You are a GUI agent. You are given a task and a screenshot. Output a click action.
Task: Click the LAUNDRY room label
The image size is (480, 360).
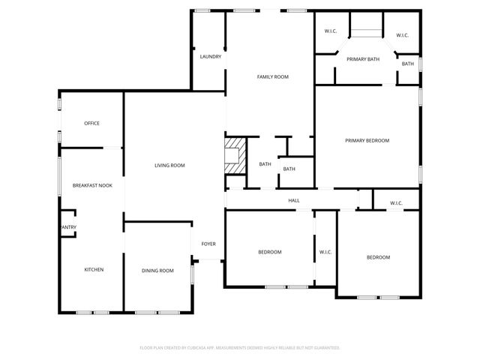[210, 56]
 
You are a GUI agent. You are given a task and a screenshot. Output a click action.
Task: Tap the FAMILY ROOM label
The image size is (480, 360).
[273, 76]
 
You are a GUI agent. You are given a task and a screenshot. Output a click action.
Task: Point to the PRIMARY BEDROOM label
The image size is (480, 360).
[367, 140]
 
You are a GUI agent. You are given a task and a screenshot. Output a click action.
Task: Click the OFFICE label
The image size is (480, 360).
[92, 123]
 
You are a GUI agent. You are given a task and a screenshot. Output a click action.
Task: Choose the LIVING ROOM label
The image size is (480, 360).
[169, 165]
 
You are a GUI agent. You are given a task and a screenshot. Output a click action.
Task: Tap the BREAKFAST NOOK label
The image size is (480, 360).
[92, 184]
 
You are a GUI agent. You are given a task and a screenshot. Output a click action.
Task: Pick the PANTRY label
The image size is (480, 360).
[67, 227]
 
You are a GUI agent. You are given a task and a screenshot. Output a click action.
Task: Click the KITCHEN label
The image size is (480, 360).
[94, 269]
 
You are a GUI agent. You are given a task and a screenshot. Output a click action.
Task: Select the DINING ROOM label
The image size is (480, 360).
[157, 270]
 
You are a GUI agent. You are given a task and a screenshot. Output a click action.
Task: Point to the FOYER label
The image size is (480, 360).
[208, 244]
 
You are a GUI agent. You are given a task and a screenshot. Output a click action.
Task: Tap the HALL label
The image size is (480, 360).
[294, 200]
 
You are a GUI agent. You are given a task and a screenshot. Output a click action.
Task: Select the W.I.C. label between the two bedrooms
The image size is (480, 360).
[325, 252]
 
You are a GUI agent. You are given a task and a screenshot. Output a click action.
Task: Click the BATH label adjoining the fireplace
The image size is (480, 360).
[265, 164]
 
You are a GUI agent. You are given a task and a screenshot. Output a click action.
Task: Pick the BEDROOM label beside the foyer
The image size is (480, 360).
[270, 252]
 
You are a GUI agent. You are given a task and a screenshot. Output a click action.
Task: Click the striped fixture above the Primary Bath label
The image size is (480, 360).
[367, 31]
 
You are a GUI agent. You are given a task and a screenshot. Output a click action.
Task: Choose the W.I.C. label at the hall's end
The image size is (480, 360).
[396, 203]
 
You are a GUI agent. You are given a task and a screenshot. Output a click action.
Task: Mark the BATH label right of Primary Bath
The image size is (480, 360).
[407, 64]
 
